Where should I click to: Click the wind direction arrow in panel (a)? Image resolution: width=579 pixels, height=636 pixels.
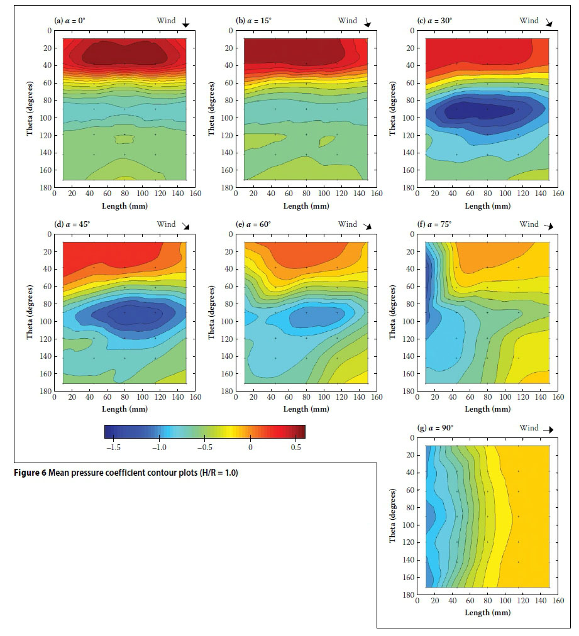point(185,23)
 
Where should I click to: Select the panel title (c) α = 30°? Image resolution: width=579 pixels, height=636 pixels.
point(434,20)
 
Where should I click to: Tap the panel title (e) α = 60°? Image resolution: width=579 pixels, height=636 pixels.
point(255,224)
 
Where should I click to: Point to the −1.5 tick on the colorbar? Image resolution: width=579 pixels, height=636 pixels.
point(114,447)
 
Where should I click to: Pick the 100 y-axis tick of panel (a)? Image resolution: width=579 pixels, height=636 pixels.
point(46,118)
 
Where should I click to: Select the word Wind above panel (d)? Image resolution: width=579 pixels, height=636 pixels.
point(167,224)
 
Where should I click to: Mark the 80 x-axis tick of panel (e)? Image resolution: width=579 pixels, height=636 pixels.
point(306,397)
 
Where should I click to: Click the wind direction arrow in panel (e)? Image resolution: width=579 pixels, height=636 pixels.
point(367,226)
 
